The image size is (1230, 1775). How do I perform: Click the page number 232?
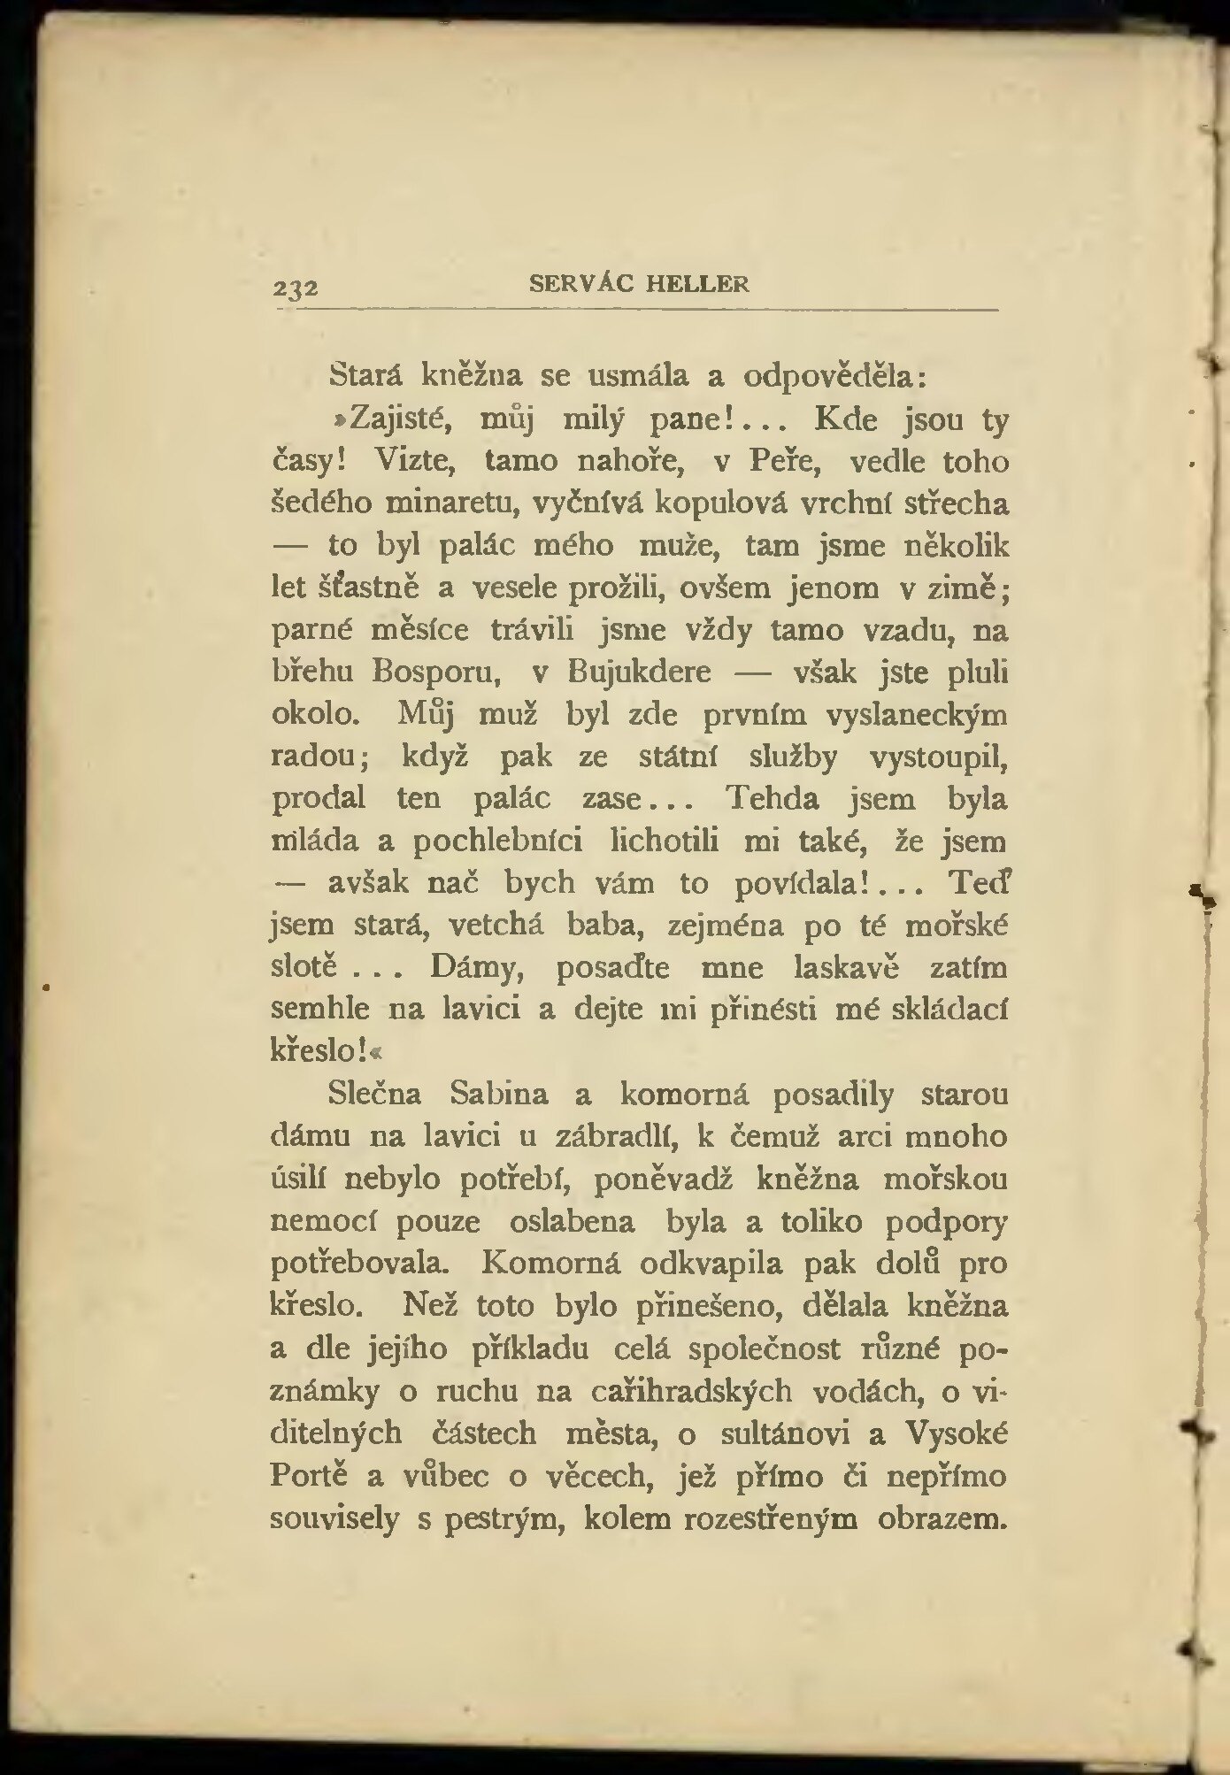[x=296, y=289]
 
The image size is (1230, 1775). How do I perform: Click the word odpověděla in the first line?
[x=834, y=376]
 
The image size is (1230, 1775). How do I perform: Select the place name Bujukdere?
[x=638, y=672]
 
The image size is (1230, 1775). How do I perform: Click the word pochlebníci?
[x=501, y=840]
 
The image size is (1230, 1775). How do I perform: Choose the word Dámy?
[x=477, y=968]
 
